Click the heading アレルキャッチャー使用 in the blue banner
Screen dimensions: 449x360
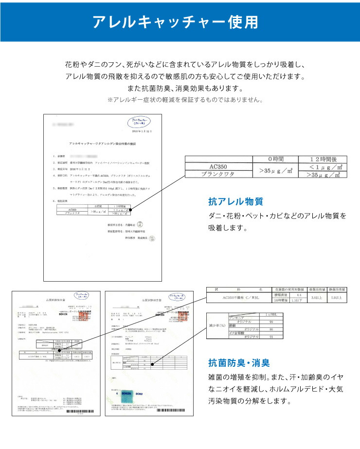[x=180, y=22]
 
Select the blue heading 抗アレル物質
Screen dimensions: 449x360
[x=235, y=201]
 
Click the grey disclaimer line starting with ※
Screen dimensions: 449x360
[x=185, y=100]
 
